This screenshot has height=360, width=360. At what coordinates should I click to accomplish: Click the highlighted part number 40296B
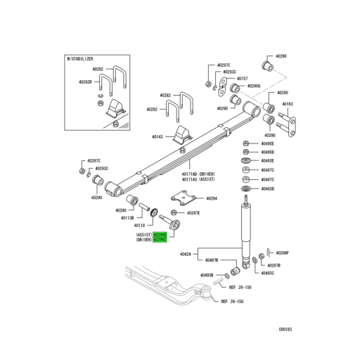click(x=160, y=234)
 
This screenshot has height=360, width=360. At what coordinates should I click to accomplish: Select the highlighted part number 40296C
click(x=160, y=240)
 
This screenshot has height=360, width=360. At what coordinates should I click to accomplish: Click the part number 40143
click(x=158, y=137)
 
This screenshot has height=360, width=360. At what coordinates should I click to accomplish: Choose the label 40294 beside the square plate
click(x=212, y=199)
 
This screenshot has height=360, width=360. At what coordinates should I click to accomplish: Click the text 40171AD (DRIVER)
click(x=198, y=174)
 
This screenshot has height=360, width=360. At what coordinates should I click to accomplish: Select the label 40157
click(x=243, y=78)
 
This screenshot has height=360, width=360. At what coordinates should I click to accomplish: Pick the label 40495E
click(x=267, y=143)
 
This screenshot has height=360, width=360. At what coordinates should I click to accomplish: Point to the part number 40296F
click(x=283, y=252)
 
